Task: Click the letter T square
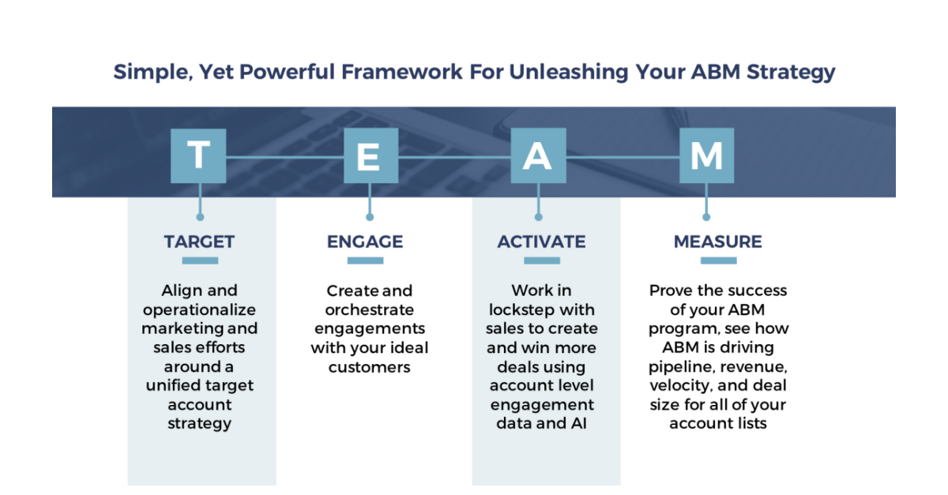[x=199, y=156]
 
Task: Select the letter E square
[x=368, y=156]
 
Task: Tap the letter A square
[x=537, y=156]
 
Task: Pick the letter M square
[x=706, y=156]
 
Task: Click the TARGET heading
[x=199, y=242]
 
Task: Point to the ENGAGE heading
[x=365, y=242]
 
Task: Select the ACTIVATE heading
[x=541, y=242]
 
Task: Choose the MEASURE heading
[x=717, y=242]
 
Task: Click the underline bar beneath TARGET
[x=200, y=261]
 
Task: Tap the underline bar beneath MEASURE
[x=717, y=261]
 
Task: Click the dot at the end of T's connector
[x=200, y=216]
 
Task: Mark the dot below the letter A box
[x=538, y=216]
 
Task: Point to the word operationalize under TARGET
[x=199, y=309]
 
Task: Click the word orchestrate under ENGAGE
[x=369, y=309]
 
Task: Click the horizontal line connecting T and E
[x=284, y=156]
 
